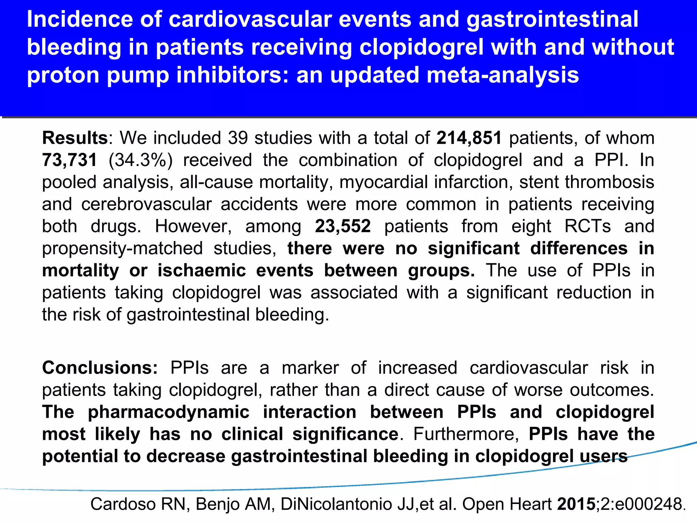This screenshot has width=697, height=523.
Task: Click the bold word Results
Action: [x=75, y=138]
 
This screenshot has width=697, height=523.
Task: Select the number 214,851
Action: [x=469, y=139]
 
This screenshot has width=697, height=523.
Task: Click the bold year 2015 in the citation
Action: [x=576, y=504]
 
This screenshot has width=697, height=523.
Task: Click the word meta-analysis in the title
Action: [x=502, y=76]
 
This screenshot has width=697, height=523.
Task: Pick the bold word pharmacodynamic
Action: [x=168, y=412]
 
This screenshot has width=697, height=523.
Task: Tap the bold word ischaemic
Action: [x=201, y=271]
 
